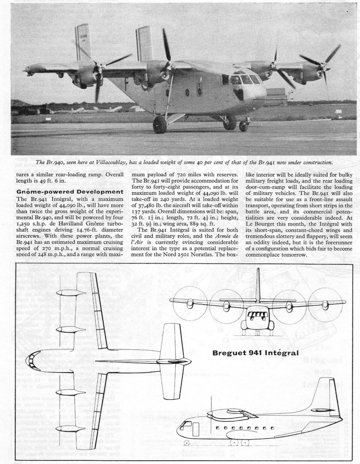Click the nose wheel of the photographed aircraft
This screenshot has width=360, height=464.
click(243, 126)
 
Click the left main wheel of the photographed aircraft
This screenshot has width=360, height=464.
click(160, 125)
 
